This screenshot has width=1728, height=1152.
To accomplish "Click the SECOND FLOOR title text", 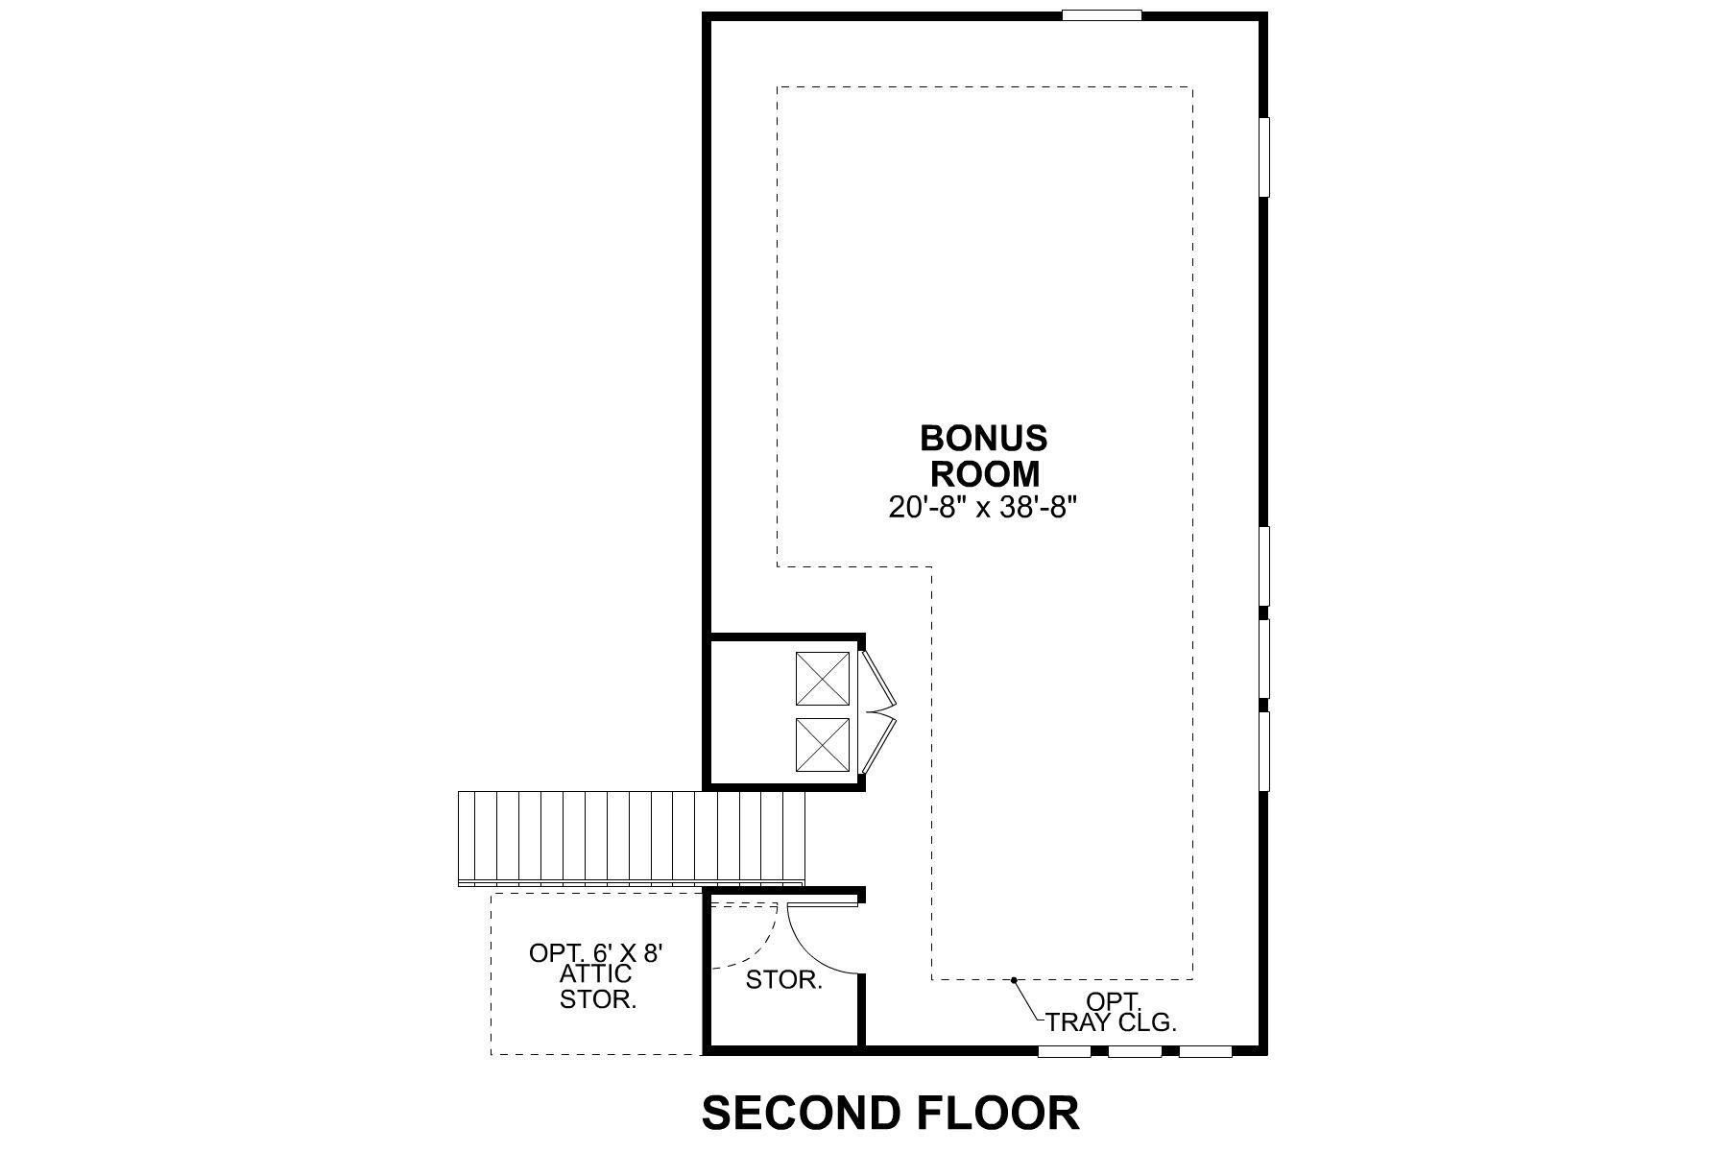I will pyautogui.click(x=891, y=1113).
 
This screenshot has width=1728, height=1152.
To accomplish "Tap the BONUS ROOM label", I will pyautogui.click(x=984, y=456).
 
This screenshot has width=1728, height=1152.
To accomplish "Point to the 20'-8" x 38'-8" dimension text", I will pyautogui.click(x=984, y=508).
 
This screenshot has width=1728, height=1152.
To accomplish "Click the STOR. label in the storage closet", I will pyautogui.click(x=784, y=981).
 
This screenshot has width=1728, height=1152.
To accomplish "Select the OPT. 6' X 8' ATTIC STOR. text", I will pyautogui.click(x=597, y=976).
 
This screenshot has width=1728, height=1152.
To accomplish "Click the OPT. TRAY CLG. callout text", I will pyautogui.click(x=1112, y=1012).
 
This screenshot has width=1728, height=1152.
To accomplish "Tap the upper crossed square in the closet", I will pyautogui.click(x=823, y=679).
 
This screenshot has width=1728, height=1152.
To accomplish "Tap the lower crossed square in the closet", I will pyautogui.click(x=823, y=744).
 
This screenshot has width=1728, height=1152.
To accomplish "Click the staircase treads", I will pyautogui.click(x=631, y=836).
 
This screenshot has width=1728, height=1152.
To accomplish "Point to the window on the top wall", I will pyautogui.click(x=1102, y=15).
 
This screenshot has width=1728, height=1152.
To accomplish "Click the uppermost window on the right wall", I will pyautogui.click(x=1264, y=156).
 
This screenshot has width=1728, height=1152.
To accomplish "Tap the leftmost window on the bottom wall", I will pyautogui.click(x=1065, y=1051).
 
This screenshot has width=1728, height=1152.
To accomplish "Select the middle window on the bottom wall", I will pyautogui.click(x=1135, y=1051).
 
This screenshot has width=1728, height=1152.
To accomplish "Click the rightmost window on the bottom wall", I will pyautogui.click(x=1205, y=1051).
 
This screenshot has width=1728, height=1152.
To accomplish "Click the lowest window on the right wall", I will pyautogui.click(x=1264, y=751).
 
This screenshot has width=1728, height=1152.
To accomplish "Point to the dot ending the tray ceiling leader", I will pyautogui.click(x=1014, y=980).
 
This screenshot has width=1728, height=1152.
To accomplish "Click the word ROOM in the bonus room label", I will pyautogui.click(x=984, y=474).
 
